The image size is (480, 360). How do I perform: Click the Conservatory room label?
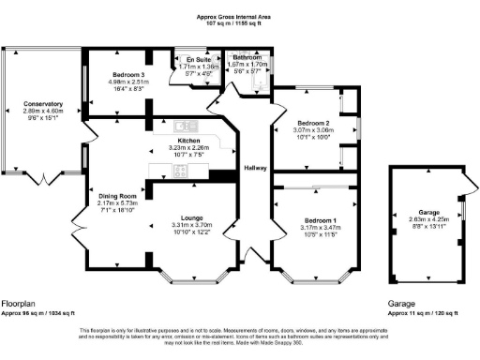coord(43,103)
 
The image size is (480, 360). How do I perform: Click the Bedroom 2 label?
coord(313,123)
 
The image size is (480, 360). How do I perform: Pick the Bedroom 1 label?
coord(313,218)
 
